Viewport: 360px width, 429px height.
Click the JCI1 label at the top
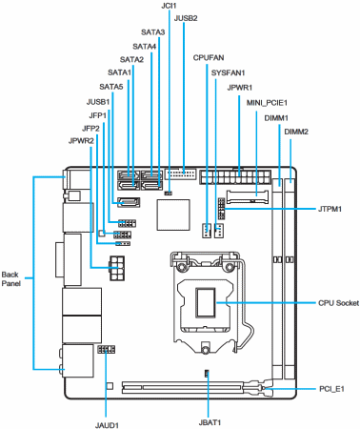coord(169,6)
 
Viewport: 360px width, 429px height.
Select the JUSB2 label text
coord(186,18)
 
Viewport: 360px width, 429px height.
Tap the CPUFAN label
coord(209,57)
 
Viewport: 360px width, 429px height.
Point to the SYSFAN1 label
coord(229,72)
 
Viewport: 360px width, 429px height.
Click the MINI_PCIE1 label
coord(267,103)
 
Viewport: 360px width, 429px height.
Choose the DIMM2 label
coord(296,132)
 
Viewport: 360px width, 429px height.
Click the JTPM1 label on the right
coord(330,209)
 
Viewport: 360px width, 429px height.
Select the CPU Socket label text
coord(338,303)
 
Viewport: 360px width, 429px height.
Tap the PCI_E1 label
coord(331,389)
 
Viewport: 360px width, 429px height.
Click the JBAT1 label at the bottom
coord(210,422)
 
